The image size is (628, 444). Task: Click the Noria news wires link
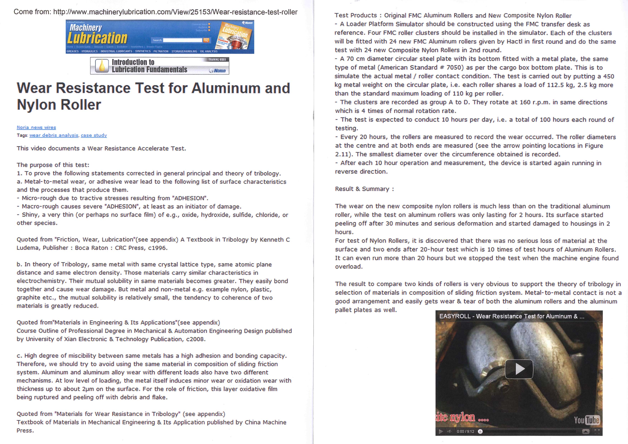36,127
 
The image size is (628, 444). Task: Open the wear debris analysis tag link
54,135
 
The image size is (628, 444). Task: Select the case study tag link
94,135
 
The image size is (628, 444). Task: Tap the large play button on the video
519,369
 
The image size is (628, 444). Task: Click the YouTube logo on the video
587,420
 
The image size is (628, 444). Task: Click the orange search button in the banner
206,40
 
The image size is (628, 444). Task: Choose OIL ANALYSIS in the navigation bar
209,51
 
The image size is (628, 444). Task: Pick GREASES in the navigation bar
73,51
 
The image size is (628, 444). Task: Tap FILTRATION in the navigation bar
161,51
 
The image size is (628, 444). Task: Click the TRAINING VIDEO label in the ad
217,60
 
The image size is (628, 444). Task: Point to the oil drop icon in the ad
102,66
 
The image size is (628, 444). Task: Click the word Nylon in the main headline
36,105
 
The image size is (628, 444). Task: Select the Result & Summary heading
364,189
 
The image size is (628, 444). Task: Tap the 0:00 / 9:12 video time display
465,431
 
